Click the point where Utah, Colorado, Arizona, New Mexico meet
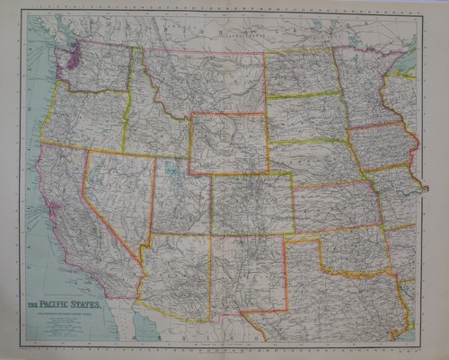pos(210,234)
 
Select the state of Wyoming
pos(228,143)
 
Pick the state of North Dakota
pos(300,72)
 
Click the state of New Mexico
pos(247,273)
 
